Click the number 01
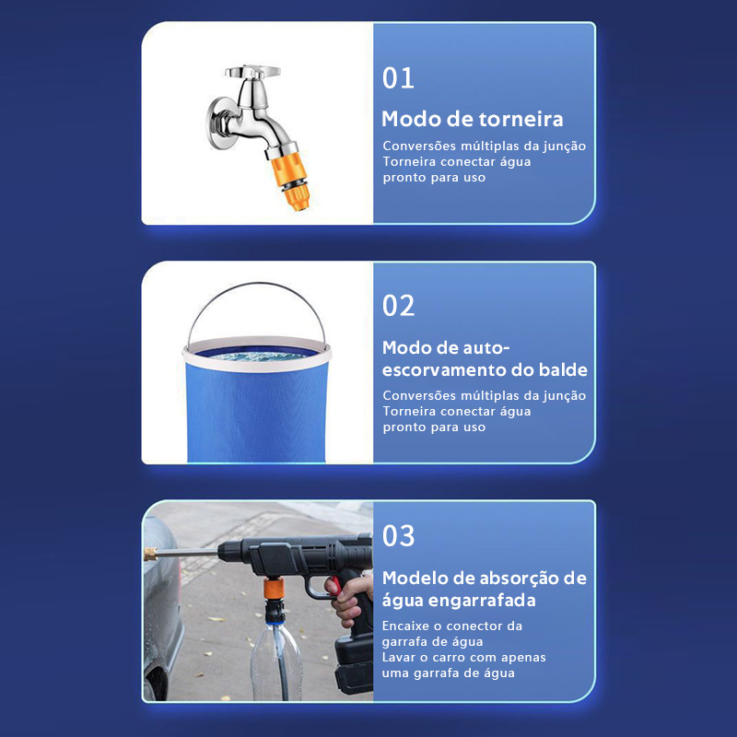pos(398,78)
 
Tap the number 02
pos(398,306)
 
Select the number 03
pos(398,536)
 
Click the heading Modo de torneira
pos(472,119)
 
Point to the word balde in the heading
pos(563,370)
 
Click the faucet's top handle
pos(252,72)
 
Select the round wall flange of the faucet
pos(217,123)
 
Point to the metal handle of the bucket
pos(256,284)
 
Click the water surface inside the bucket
pos(256,355)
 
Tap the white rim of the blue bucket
pos(257,365)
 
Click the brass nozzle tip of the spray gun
pos(150,554)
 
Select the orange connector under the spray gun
pos(273,588)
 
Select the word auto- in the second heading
pos(486,348)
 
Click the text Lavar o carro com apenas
pos(464,657)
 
